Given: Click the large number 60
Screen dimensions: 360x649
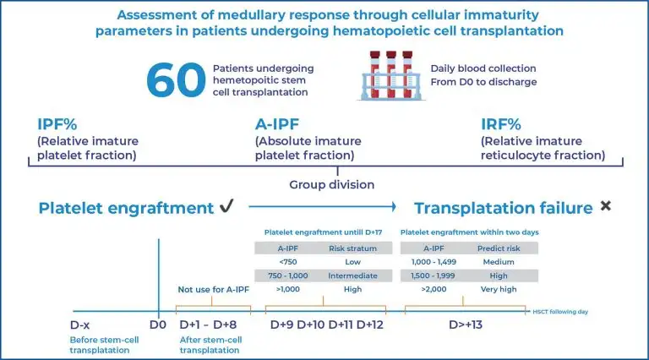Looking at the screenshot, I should click(176, 81).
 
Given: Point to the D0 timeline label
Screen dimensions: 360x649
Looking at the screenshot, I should click(157, 325).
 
